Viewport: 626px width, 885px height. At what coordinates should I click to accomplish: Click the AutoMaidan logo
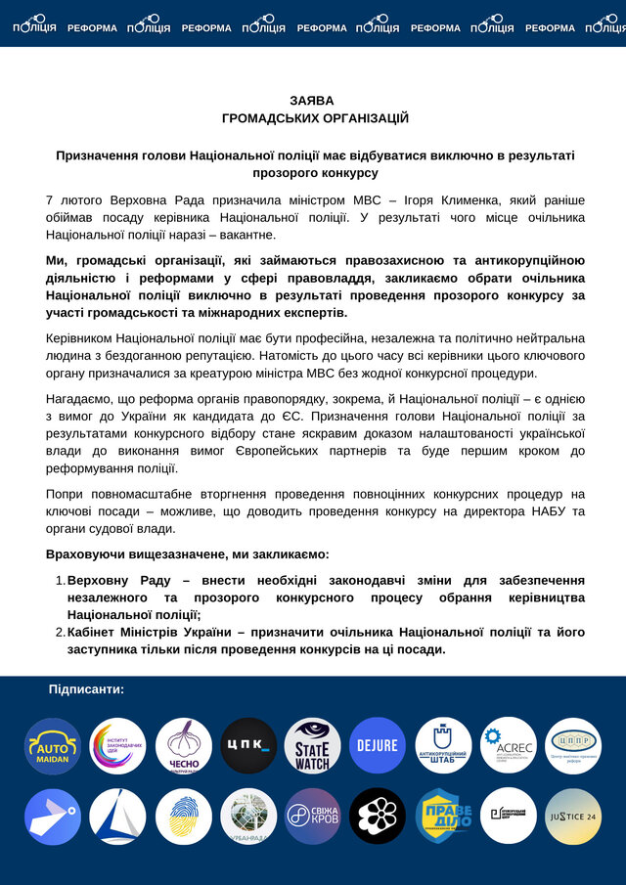[53, 746]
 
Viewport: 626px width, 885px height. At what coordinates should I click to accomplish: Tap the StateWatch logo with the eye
[313, 746]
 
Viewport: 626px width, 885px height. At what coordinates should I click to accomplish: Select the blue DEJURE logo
[378, 746]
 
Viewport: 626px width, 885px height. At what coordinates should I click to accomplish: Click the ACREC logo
[508, 746]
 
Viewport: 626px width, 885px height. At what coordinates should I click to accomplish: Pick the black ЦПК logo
[248, 746]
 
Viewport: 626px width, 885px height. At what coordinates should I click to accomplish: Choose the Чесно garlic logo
[183, 746]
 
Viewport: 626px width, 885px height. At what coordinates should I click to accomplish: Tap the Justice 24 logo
[573, 816]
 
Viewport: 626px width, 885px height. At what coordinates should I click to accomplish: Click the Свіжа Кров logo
[313, 816]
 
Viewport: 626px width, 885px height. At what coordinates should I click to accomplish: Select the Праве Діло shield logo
[443, 816]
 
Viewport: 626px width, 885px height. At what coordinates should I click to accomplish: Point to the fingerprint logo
[183, 816]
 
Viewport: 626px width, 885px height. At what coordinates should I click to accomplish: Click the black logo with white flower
[378, 816]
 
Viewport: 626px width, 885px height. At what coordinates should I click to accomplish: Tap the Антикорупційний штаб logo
[443, 746]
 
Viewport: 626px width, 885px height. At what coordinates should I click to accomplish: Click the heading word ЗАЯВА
[312, 101]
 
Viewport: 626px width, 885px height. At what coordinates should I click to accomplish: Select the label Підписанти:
[86, 689]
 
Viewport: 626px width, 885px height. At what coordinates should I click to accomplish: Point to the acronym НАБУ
[540, 511]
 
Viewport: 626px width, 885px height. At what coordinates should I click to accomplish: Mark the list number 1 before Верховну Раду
[59, 580]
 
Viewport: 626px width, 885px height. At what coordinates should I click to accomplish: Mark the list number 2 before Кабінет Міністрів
[59, 632]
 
